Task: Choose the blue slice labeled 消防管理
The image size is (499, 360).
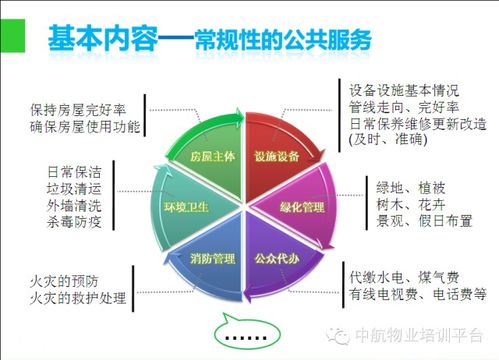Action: click(212, 259)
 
